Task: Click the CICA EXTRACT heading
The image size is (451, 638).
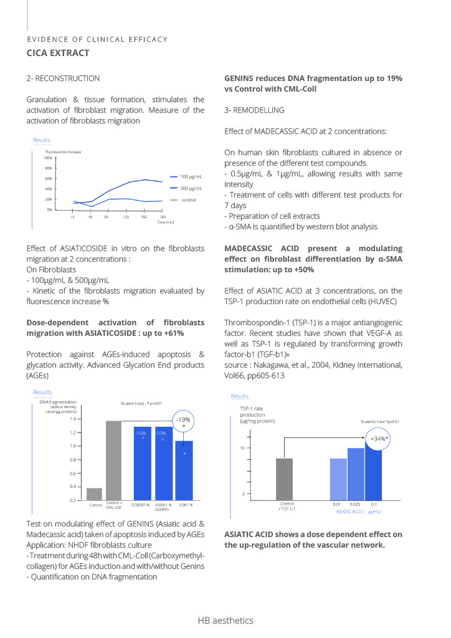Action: [x=58, y=53]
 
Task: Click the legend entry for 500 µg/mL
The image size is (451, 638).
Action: [x=191, y=188]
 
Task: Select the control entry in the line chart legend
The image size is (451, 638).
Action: [x=189, y=199]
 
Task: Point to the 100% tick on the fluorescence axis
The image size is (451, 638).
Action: [x=48, y=158]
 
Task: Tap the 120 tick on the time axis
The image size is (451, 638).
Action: [x=126, y=217]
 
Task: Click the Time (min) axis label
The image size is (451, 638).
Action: [x=165, y=222]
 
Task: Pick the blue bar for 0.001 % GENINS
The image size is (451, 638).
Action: [x=184, y=470]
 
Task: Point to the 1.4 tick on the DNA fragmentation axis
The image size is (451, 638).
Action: [x=72, y=419]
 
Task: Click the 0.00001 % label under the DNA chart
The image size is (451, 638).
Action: [x=140, y=504]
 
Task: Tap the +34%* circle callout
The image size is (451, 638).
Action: [x=379, y=439]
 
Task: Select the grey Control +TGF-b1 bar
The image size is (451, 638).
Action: [x=284, y=478]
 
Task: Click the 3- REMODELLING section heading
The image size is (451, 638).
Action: [x=254, y=110]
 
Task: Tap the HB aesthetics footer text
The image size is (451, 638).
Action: [x=225, y=621]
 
